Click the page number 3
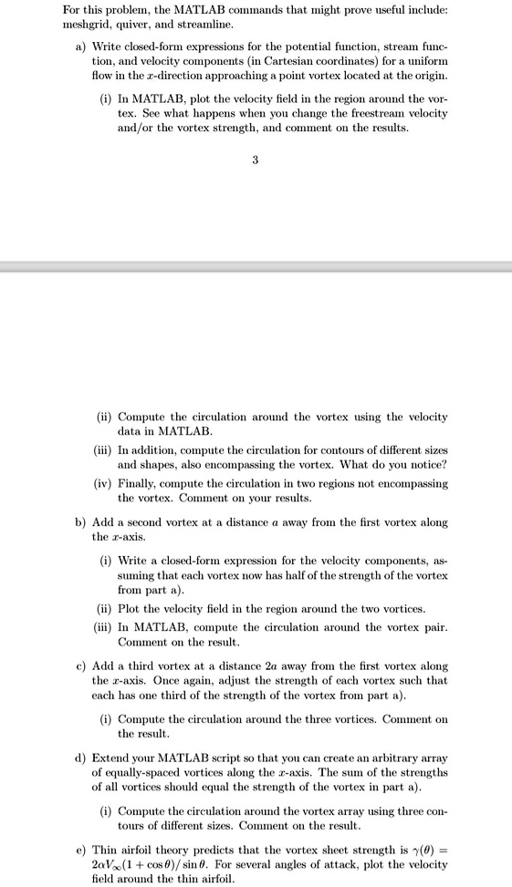[x=256, y=160]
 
